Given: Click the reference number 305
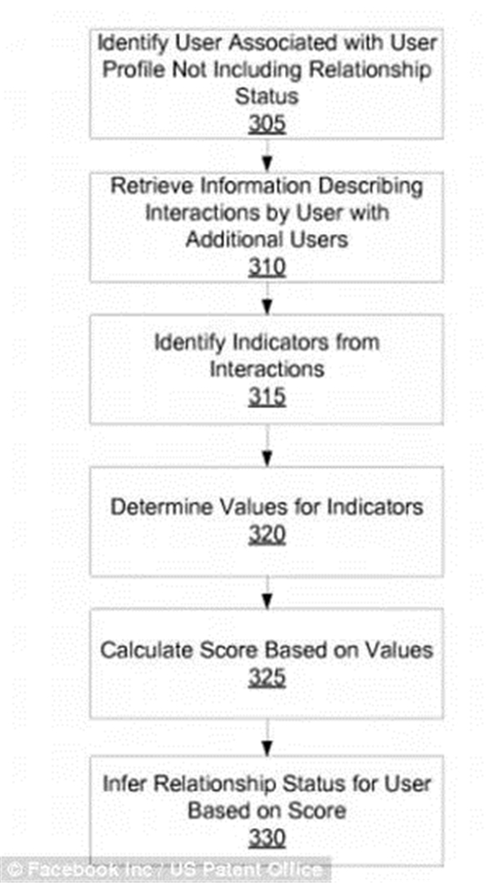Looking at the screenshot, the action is [267, 124].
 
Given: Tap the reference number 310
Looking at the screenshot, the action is [267, 268].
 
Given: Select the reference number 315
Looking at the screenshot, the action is [267, 397].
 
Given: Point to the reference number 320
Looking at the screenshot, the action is [267, 536].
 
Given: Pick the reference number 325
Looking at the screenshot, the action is [267, 679].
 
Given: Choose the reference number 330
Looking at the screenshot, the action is [267, 839].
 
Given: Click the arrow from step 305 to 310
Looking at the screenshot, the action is [267, 155].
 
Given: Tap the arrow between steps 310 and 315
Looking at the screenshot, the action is [267, 298].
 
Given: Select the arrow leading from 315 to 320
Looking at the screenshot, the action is [267, 446].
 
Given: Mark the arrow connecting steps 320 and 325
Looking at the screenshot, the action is [267, 592].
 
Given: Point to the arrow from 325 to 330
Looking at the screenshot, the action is [267, 737].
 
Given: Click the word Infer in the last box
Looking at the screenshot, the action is [120, 785].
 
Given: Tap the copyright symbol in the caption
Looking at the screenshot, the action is [12, 870].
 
